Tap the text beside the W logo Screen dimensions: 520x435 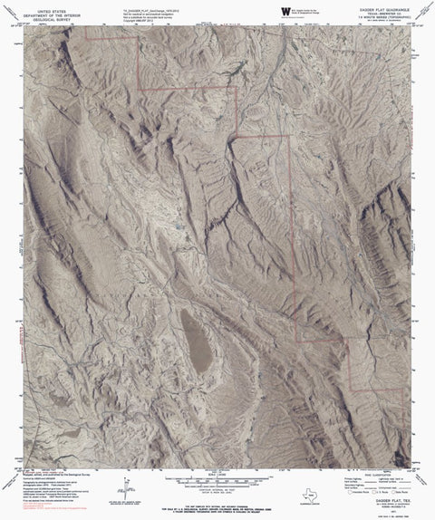click(x=308, y=9)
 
